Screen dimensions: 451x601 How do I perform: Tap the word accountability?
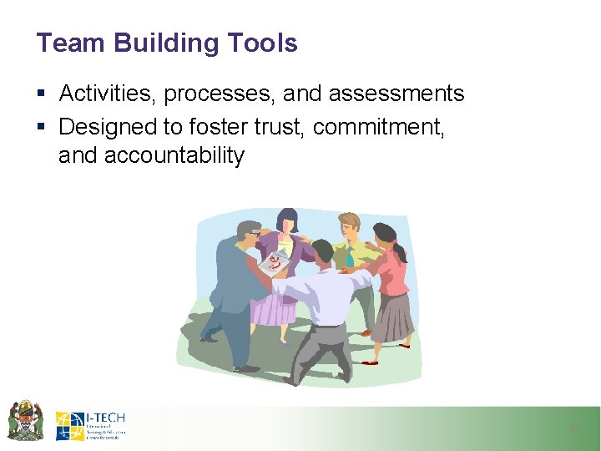174,155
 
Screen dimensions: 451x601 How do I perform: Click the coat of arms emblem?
25,420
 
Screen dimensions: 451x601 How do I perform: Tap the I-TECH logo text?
105,418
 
